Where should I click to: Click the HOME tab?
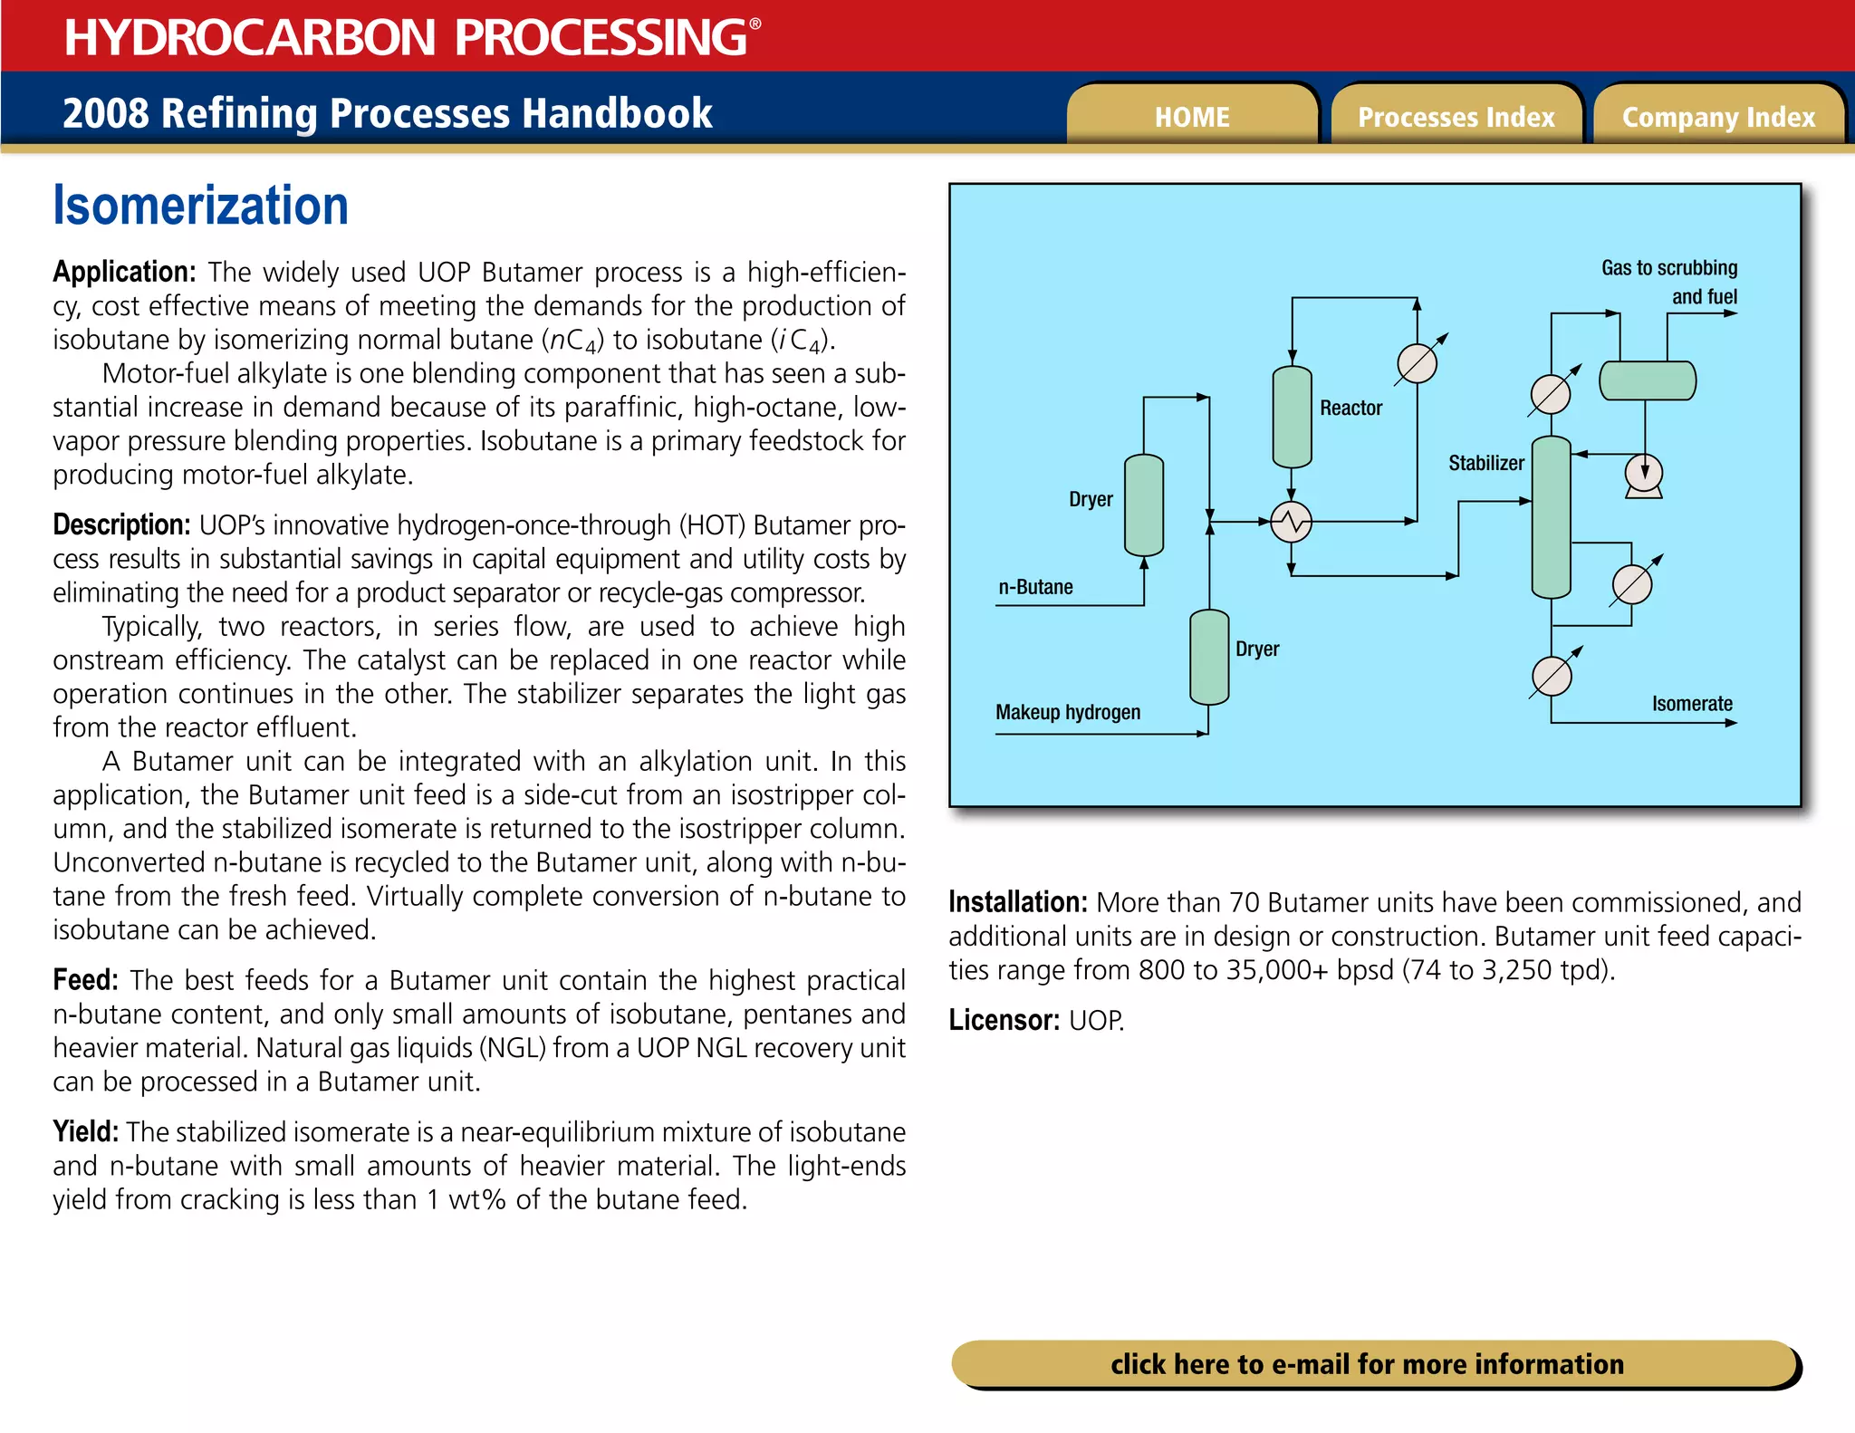click(x=1191, y=117)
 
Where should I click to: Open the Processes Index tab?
click(x=1456, y=117)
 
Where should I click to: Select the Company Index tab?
click(x=1718, y=117)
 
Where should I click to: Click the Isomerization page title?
click(x=200, y=206)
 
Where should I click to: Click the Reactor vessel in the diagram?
click(x=1292, y=417)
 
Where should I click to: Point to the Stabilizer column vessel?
click(x=1551, y=516)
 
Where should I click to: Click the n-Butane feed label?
click(x=1035, y=587)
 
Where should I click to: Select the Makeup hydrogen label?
click(x=1068, y=712)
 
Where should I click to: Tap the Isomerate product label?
click(x=1691, y=704)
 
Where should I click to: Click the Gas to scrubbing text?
click(x=1668, y=268)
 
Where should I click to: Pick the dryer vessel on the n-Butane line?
click(x=1143, y=505)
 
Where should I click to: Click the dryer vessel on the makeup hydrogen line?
click(x=1208, y=657)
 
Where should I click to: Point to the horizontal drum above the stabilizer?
click(x=1647, y=380)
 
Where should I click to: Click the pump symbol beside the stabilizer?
click(x=1643, y=475)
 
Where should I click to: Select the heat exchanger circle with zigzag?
click(x=1291, y=522)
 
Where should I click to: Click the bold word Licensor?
click(x=1004, y=1021)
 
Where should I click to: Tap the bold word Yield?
click(x=85, y=1131)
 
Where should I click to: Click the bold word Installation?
click(x=1017, y=902)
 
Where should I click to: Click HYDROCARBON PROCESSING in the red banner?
click(x=406, y=37)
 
